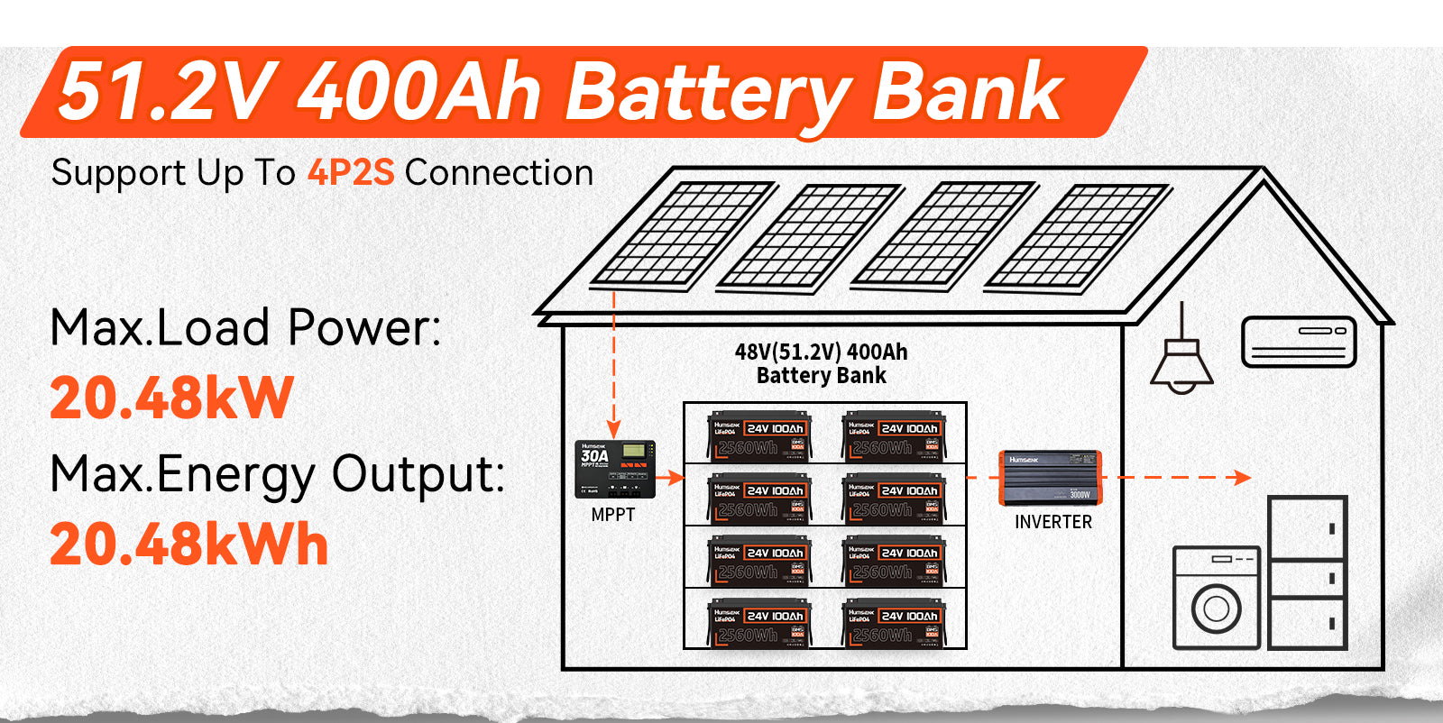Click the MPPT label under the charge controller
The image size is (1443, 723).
click(613, 515)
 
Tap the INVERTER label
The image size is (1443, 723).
click(1052, 522)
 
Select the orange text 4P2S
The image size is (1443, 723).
click(351, 172)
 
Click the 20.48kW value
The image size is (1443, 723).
click(171, 398)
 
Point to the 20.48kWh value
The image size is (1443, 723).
click(188, 545)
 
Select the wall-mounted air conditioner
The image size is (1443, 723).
click(1299, 341)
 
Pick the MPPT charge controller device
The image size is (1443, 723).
click(615, 469)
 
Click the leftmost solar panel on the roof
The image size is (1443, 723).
click(683, 235)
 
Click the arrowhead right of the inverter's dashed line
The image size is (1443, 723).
click(1243, 478)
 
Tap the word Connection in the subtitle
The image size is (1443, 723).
click(499, 172)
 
